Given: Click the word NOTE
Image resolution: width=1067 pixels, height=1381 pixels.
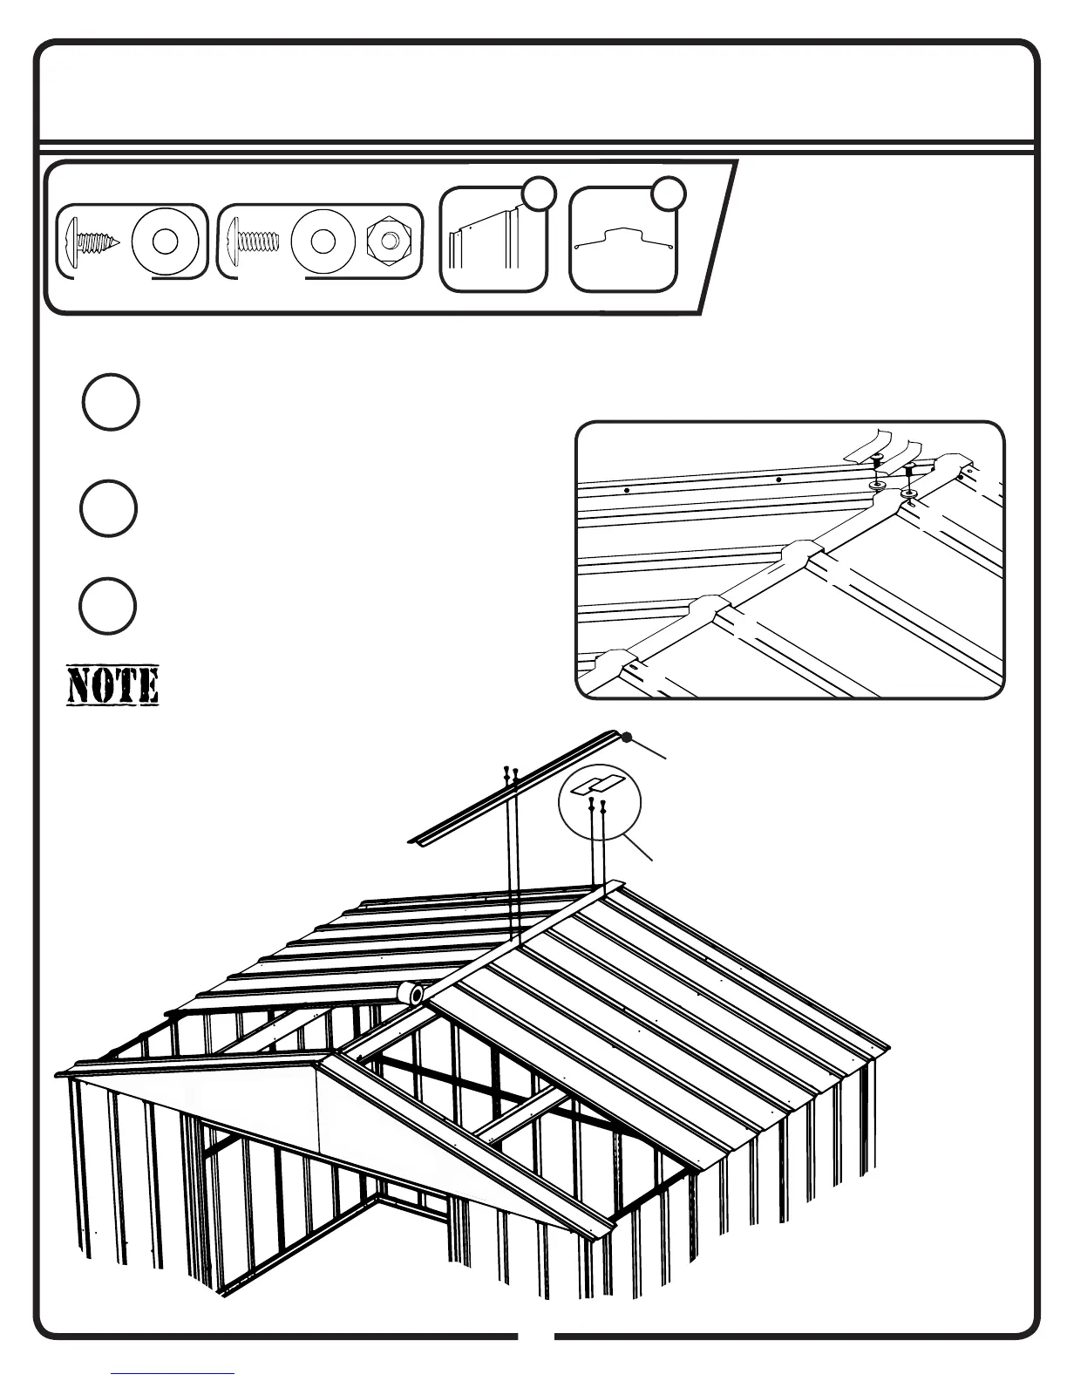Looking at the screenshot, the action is click(112, 686).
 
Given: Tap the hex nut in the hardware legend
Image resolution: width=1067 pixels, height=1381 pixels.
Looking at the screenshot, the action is click(384, 242).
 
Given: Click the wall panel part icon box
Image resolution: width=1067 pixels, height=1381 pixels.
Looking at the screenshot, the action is click(493, 239).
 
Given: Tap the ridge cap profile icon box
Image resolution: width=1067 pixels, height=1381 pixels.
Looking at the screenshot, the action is click(622, 239).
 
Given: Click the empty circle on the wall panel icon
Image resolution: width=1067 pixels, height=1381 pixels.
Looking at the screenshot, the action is click(539, 194).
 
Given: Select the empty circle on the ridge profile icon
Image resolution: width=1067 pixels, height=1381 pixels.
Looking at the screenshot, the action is click(669, 194).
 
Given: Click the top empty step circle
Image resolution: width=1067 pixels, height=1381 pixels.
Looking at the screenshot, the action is click(111, 402).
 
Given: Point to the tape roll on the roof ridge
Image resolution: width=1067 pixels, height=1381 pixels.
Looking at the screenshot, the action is click(409, 993).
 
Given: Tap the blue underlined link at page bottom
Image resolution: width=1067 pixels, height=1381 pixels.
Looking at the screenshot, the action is click(173, 1373).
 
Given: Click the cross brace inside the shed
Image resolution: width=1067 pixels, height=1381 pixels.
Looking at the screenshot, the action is click(453, 1091).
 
